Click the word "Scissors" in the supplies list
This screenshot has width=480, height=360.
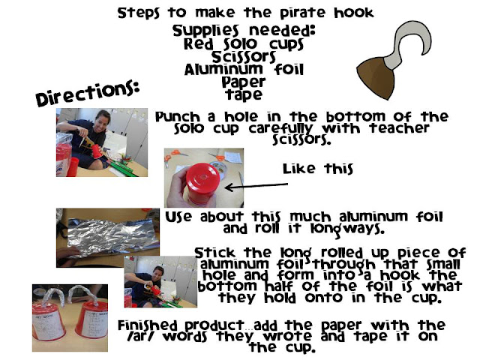click(x=244, y=57)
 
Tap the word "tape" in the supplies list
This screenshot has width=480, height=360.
click(x=244, y=94)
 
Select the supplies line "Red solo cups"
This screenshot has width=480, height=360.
click(x=244, y=44)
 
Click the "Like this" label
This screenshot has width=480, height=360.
click(x=317, y=169)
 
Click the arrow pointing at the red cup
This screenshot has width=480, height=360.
click(x=256, y=186)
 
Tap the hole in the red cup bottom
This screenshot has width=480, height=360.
click(x=202, y=177)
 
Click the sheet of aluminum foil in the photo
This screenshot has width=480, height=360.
click(x=113, y=235)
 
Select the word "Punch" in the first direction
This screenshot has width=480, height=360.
click(x=178, y=118)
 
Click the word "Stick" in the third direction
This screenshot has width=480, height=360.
click(x=215, y=253)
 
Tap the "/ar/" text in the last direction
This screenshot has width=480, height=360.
click(x=141, y=337)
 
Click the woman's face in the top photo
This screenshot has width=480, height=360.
click(x=103, y=121)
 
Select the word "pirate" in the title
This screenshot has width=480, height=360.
click(x=302, y=13)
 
